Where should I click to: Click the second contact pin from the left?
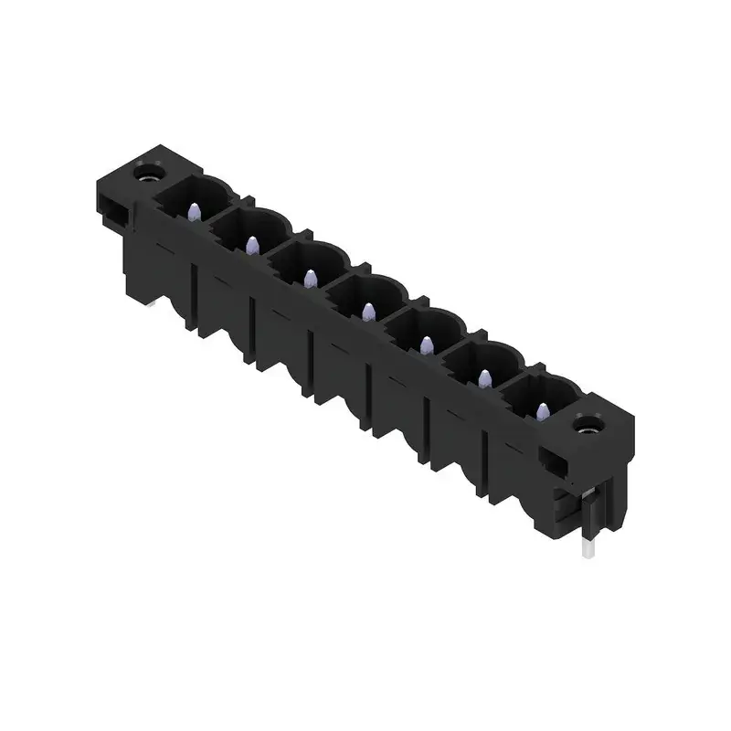249,243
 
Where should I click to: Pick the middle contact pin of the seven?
367,312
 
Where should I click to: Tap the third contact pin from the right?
426,344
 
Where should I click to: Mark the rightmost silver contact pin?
542,411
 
